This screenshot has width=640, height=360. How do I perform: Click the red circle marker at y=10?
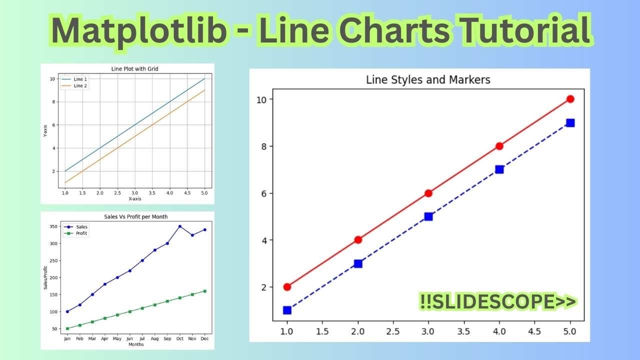point(570,99)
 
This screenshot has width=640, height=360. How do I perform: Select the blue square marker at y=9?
point(570,122)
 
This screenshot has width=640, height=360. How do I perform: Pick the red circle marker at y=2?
point(287,287)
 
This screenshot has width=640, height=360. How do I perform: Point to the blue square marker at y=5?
point(428,216)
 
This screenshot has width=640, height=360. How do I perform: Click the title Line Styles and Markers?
point(428,79)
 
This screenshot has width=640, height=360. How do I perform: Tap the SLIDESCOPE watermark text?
point(498,302)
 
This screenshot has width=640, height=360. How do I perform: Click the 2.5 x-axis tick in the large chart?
point(393,331)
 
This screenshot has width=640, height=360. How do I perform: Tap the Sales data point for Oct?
point(180,226)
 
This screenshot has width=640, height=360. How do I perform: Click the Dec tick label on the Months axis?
point(204,338)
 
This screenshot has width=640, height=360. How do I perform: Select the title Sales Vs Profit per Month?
point(135,216)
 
